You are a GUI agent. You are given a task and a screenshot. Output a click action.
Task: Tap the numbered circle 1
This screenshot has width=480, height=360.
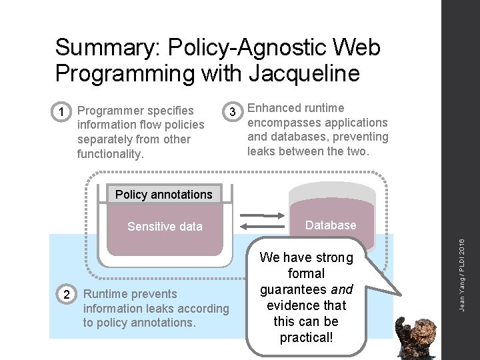[61, 111]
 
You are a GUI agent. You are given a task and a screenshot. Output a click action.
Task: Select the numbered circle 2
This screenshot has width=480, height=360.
[65, 295]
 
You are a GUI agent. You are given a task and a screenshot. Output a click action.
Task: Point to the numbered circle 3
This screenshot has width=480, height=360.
[232, 111]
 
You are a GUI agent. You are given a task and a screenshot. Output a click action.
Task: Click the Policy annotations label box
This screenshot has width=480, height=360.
[163, 195]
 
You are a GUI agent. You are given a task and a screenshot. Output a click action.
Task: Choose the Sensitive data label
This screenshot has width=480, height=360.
[165, 227]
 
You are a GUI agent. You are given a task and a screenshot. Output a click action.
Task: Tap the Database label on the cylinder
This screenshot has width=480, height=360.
[331, 225]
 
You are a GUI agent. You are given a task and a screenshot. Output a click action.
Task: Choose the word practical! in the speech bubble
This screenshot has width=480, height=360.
[307, 337]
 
